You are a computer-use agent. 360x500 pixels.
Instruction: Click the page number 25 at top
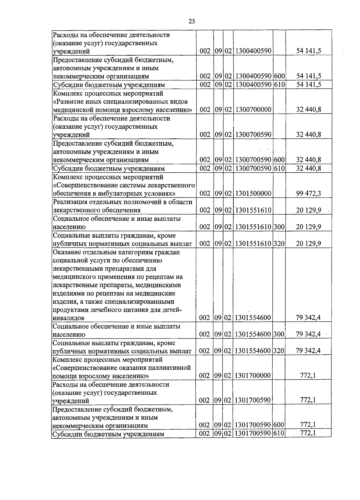point(192,21)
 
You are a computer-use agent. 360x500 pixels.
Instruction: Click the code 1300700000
point(253,110)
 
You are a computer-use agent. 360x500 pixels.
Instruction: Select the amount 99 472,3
point(308,193)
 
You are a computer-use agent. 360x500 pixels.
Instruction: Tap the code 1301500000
point(253,193)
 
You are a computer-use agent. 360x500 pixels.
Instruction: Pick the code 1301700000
point(253,375)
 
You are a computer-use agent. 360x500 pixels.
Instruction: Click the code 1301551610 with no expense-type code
point(253,210)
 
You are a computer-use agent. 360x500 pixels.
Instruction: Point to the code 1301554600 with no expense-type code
point(253,317)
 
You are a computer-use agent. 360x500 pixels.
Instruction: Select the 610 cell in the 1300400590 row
point(279,85)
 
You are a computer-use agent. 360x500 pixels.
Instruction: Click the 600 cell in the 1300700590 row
point(279,160)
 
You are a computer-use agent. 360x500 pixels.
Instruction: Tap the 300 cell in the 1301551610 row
point(279,227)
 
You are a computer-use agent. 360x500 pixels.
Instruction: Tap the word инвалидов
point(68,318)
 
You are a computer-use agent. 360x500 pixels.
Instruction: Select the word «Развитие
point(67,102)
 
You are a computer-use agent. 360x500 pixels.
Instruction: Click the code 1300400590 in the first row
point(253,51)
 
